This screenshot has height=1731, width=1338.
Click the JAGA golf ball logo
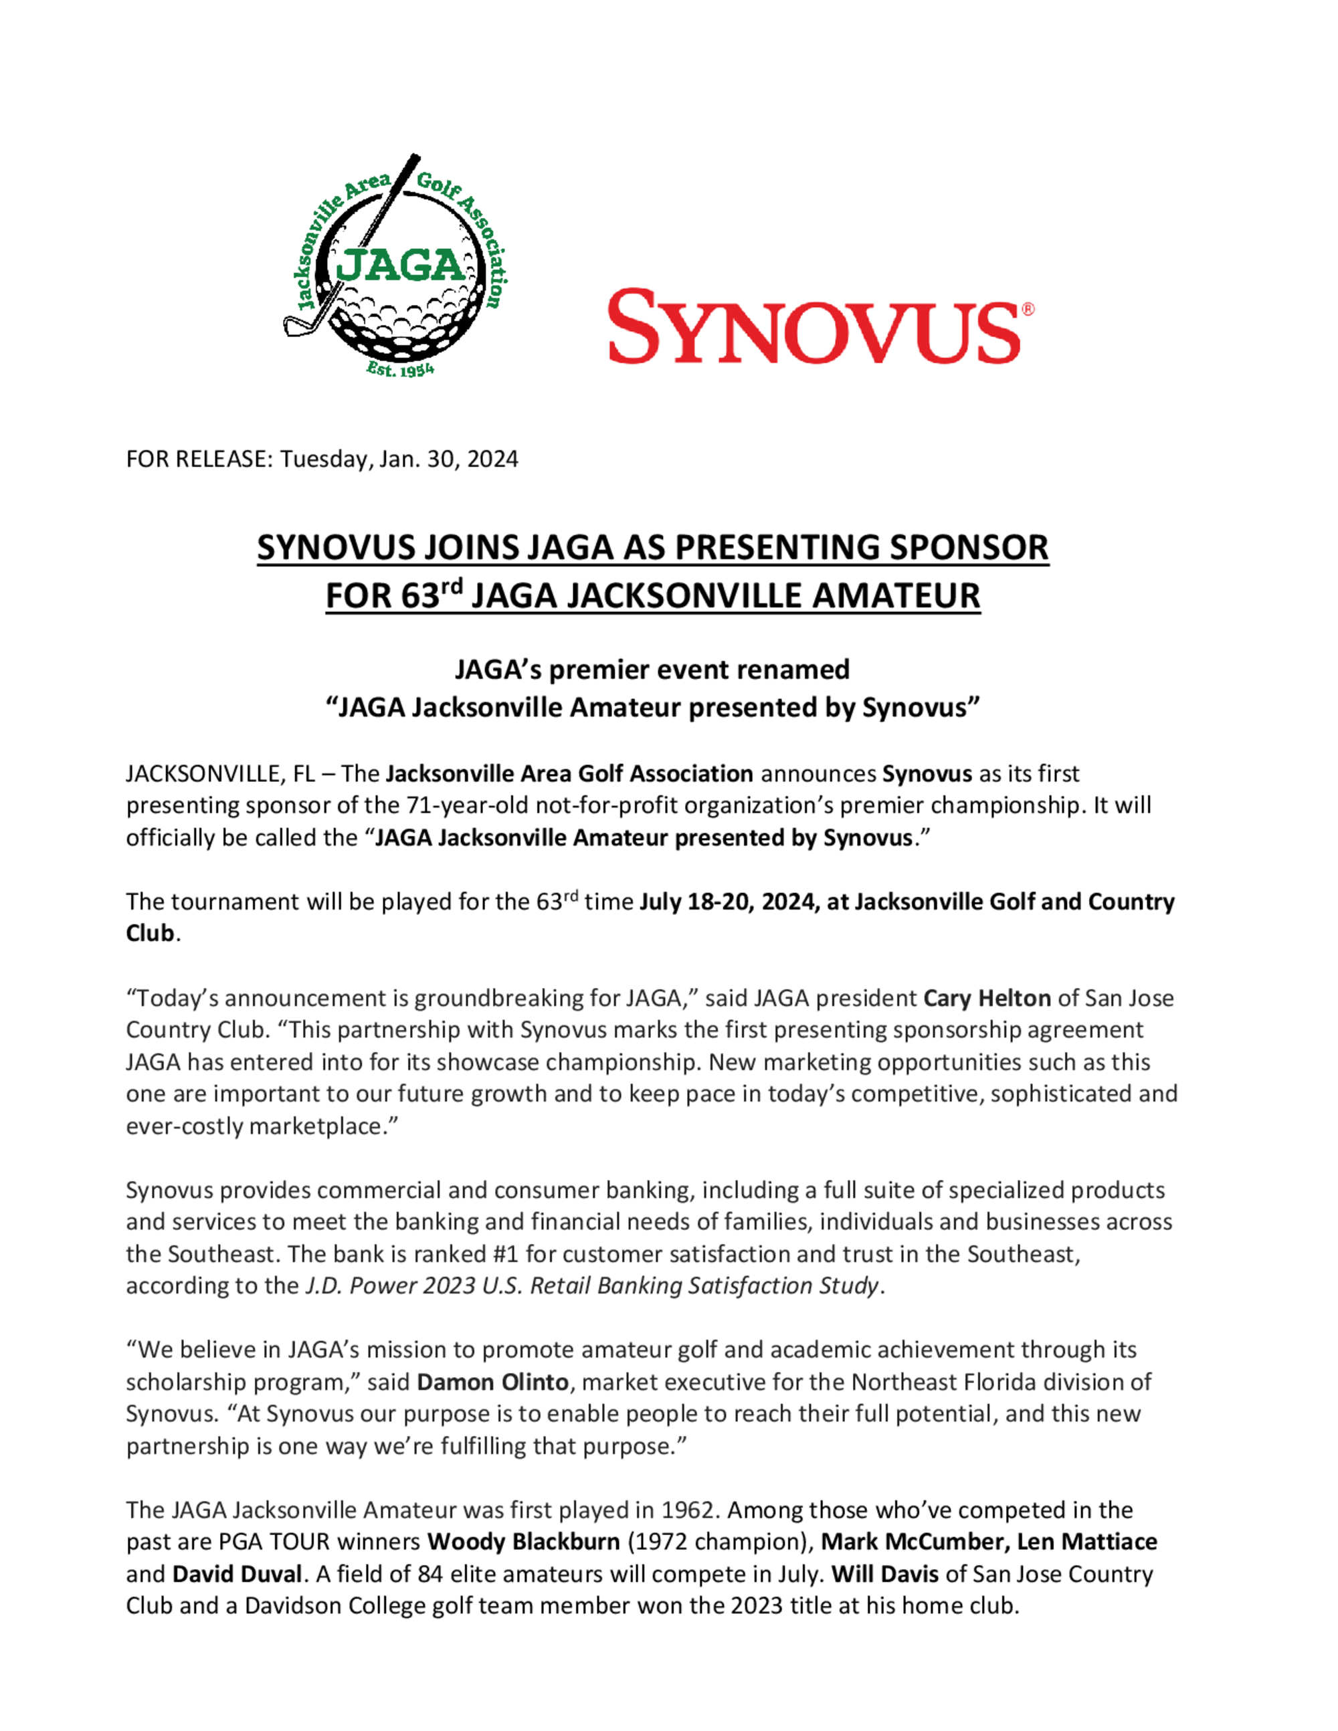click(395, 266)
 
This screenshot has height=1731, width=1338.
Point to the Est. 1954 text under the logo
click(399, 369)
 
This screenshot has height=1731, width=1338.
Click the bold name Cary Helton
click(987, 998)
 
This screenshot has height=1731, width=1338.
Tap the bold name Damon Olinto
click(492, 1383)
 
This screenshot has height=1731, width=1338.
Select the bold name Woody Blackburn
click(523, 1542)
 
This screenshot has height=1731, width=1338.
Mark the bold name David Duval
click(237, 1574)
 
